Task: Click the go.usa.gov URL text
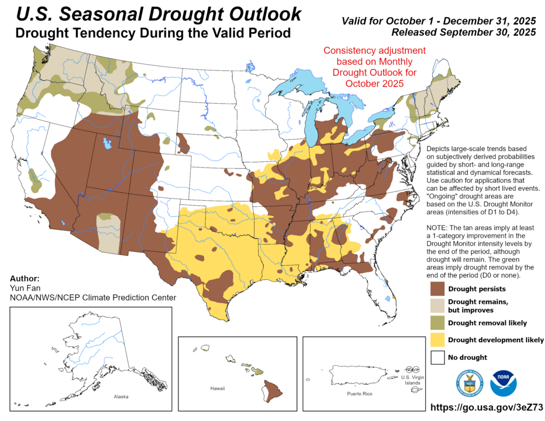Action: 487,407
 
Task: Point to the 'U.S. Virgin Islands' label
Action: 413,380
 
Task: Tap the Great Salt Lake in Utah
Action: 106,144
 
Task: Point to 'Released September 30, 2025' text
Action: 464,32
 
